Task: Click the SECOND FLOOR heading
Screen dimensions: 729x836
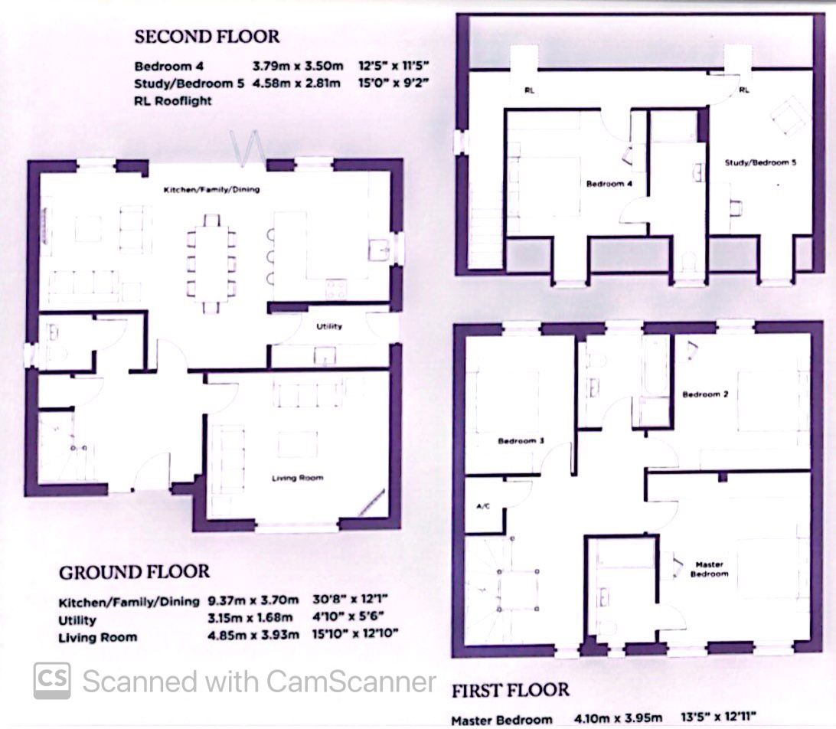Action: click(x=207, y=36)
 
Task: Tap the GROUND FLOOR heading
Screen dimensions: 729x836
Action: click(x=134, y=572)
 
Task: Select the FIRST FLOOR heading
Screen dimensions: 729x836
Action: click(x=510, y=690)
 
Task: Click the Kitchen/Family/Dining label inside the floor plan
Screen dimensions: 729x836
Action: click(x=211, y=188)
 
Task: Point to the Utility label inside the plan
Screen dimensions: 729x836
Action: click(x=329, y=326)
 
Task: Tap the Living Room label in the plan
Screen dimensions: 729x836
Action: click(x=298, y=478)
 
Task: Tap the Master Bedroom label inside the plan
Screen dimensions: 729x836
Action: click(x=709, y=569)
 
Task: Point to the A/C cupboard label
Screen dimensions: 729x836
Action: click(x=483, y=506)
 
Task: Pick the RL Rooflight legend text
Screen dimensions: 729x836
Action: click(x=172, y=100)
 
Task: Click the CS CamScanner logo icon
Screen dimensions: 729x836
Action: click(x=52, y=680)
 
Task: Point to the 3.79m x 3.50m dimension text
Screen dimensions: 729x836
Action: click(x=296, y=67)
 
